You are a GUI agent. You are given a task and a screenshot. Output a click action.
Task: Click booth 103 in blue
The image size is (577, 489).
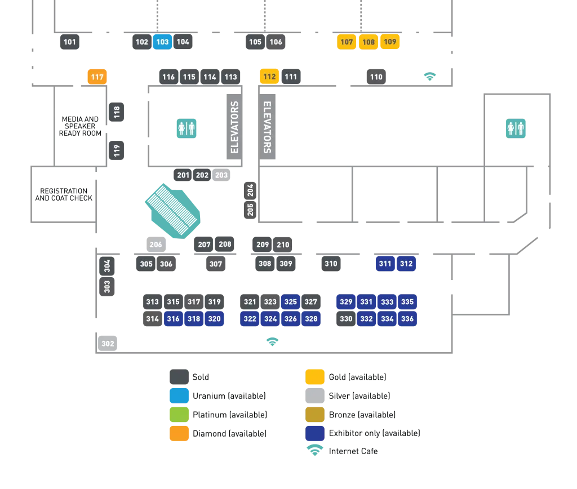[x=162, y=42]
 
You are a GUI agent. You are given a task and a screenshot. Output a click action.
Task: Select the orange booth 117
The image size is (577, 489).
[x=97, y=77]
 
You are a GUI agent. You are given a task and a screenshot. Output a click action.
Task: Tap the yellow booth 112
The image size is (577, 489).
[x=269, y=77]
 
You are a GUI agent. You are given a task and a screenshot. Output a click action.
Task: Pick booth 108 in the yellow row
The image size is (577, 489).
[x=369, y=42]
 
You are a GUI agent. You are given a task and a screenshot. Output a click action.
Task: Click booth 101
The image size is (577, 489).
[x=70, y=42]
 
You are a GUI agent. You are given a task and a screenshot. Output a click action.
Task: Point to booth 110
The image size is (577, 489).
[x=376, y=77]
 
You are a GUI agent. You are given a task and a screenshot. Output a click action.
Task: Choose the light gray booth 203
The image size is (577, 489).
[x=221, y=175]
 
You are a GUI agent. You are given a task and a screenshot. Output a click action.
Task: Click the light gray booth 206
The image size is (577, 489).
[x=156, y=244]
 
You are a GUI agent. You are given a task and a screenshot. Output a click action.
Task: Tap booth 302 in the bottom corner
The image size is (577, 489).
[x=108, y=344]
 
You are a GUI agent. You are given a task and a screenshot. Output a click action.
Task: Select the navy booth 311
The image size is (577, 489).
[x=385, y=264]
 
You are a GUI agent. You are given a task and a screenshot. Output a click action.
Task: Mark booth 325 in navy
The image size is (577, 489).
[x=291, y=302]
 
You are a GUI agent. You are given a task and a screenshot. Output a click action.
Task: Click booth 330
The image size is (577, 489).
[x=346, y=319]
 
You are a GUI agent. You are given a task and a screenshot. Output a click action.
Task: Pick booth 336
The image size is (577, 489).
[x=407, y=319]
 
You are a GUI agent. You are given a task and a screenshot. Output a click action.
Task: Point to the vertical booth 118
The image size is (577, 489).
[x=117, y=112]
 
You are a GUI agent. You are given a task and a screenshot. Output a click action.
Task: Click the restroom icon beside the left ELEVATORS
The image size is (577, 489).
[x=187, y=128]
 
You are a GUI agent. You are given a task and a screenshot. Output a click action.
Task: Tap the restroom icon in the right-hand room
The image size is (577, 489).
[x=516, y=128]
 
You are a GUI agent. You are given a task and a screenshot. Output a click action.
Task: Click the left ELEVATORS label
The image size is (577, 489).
[x=235, y=127]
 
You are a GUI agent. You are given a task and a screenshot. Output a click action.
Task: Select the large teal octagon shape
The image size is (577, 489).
[x=174, y=210]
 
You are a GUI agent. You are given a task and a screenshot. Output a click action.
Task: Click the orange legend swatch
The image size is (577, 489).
[x=179, y=433]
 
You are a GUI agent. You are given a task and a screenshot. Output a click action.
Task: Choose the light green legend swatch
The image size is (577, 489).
[x=179, y=414]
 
